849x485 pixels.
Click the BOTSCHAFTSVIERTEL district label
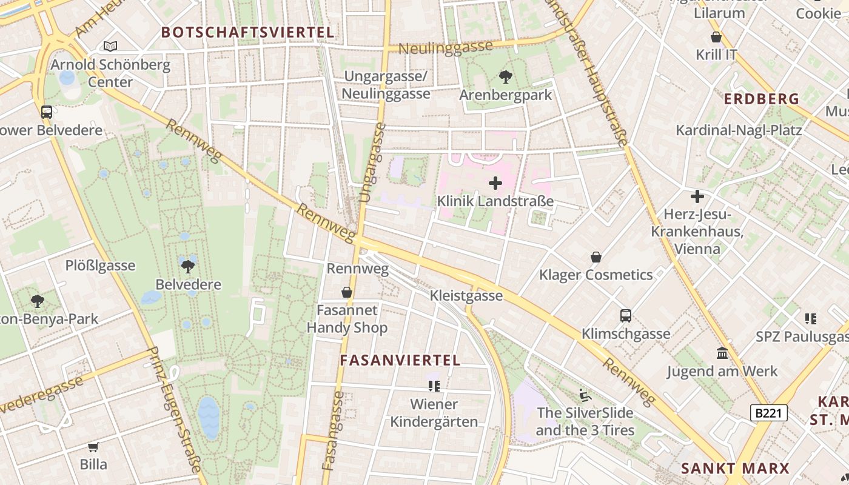[248, 32]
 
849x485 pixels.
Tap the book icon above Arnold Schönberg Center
[110, 46]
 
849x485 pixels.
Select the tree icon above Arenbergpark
[505, 77]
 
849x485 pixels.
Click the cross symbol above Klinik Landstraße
[495, 182]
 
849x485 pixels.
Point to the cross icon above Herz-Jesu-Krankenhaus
[697, 196]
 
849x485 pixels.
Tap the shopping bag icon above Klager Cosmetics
[596, 257]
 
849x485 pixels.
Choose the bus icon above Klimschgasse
[626, 316]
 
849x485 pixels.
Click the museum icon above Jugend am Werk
[722, 353]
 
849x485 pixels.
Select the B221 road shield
[769, 413]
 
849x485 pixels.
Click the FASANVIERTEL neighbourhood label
[400, 360]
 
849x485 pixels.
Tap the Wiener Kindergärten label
[434, 413]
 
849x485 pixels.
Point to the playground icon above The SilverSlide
[585, 395]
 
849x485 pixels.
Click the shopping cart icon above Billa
[93, 447]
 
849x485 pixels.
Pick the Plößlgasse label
[100, 266]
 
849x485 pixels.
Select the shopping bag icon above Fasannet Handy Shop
[347, 293]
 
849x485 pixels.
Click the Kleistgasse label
[466, 295]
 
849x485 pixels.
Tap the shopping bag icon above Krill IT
[716, 37]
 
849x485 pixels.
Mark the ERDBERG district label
[761, 99]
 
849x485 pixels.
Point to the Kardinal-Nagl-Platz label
[739, 130]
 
